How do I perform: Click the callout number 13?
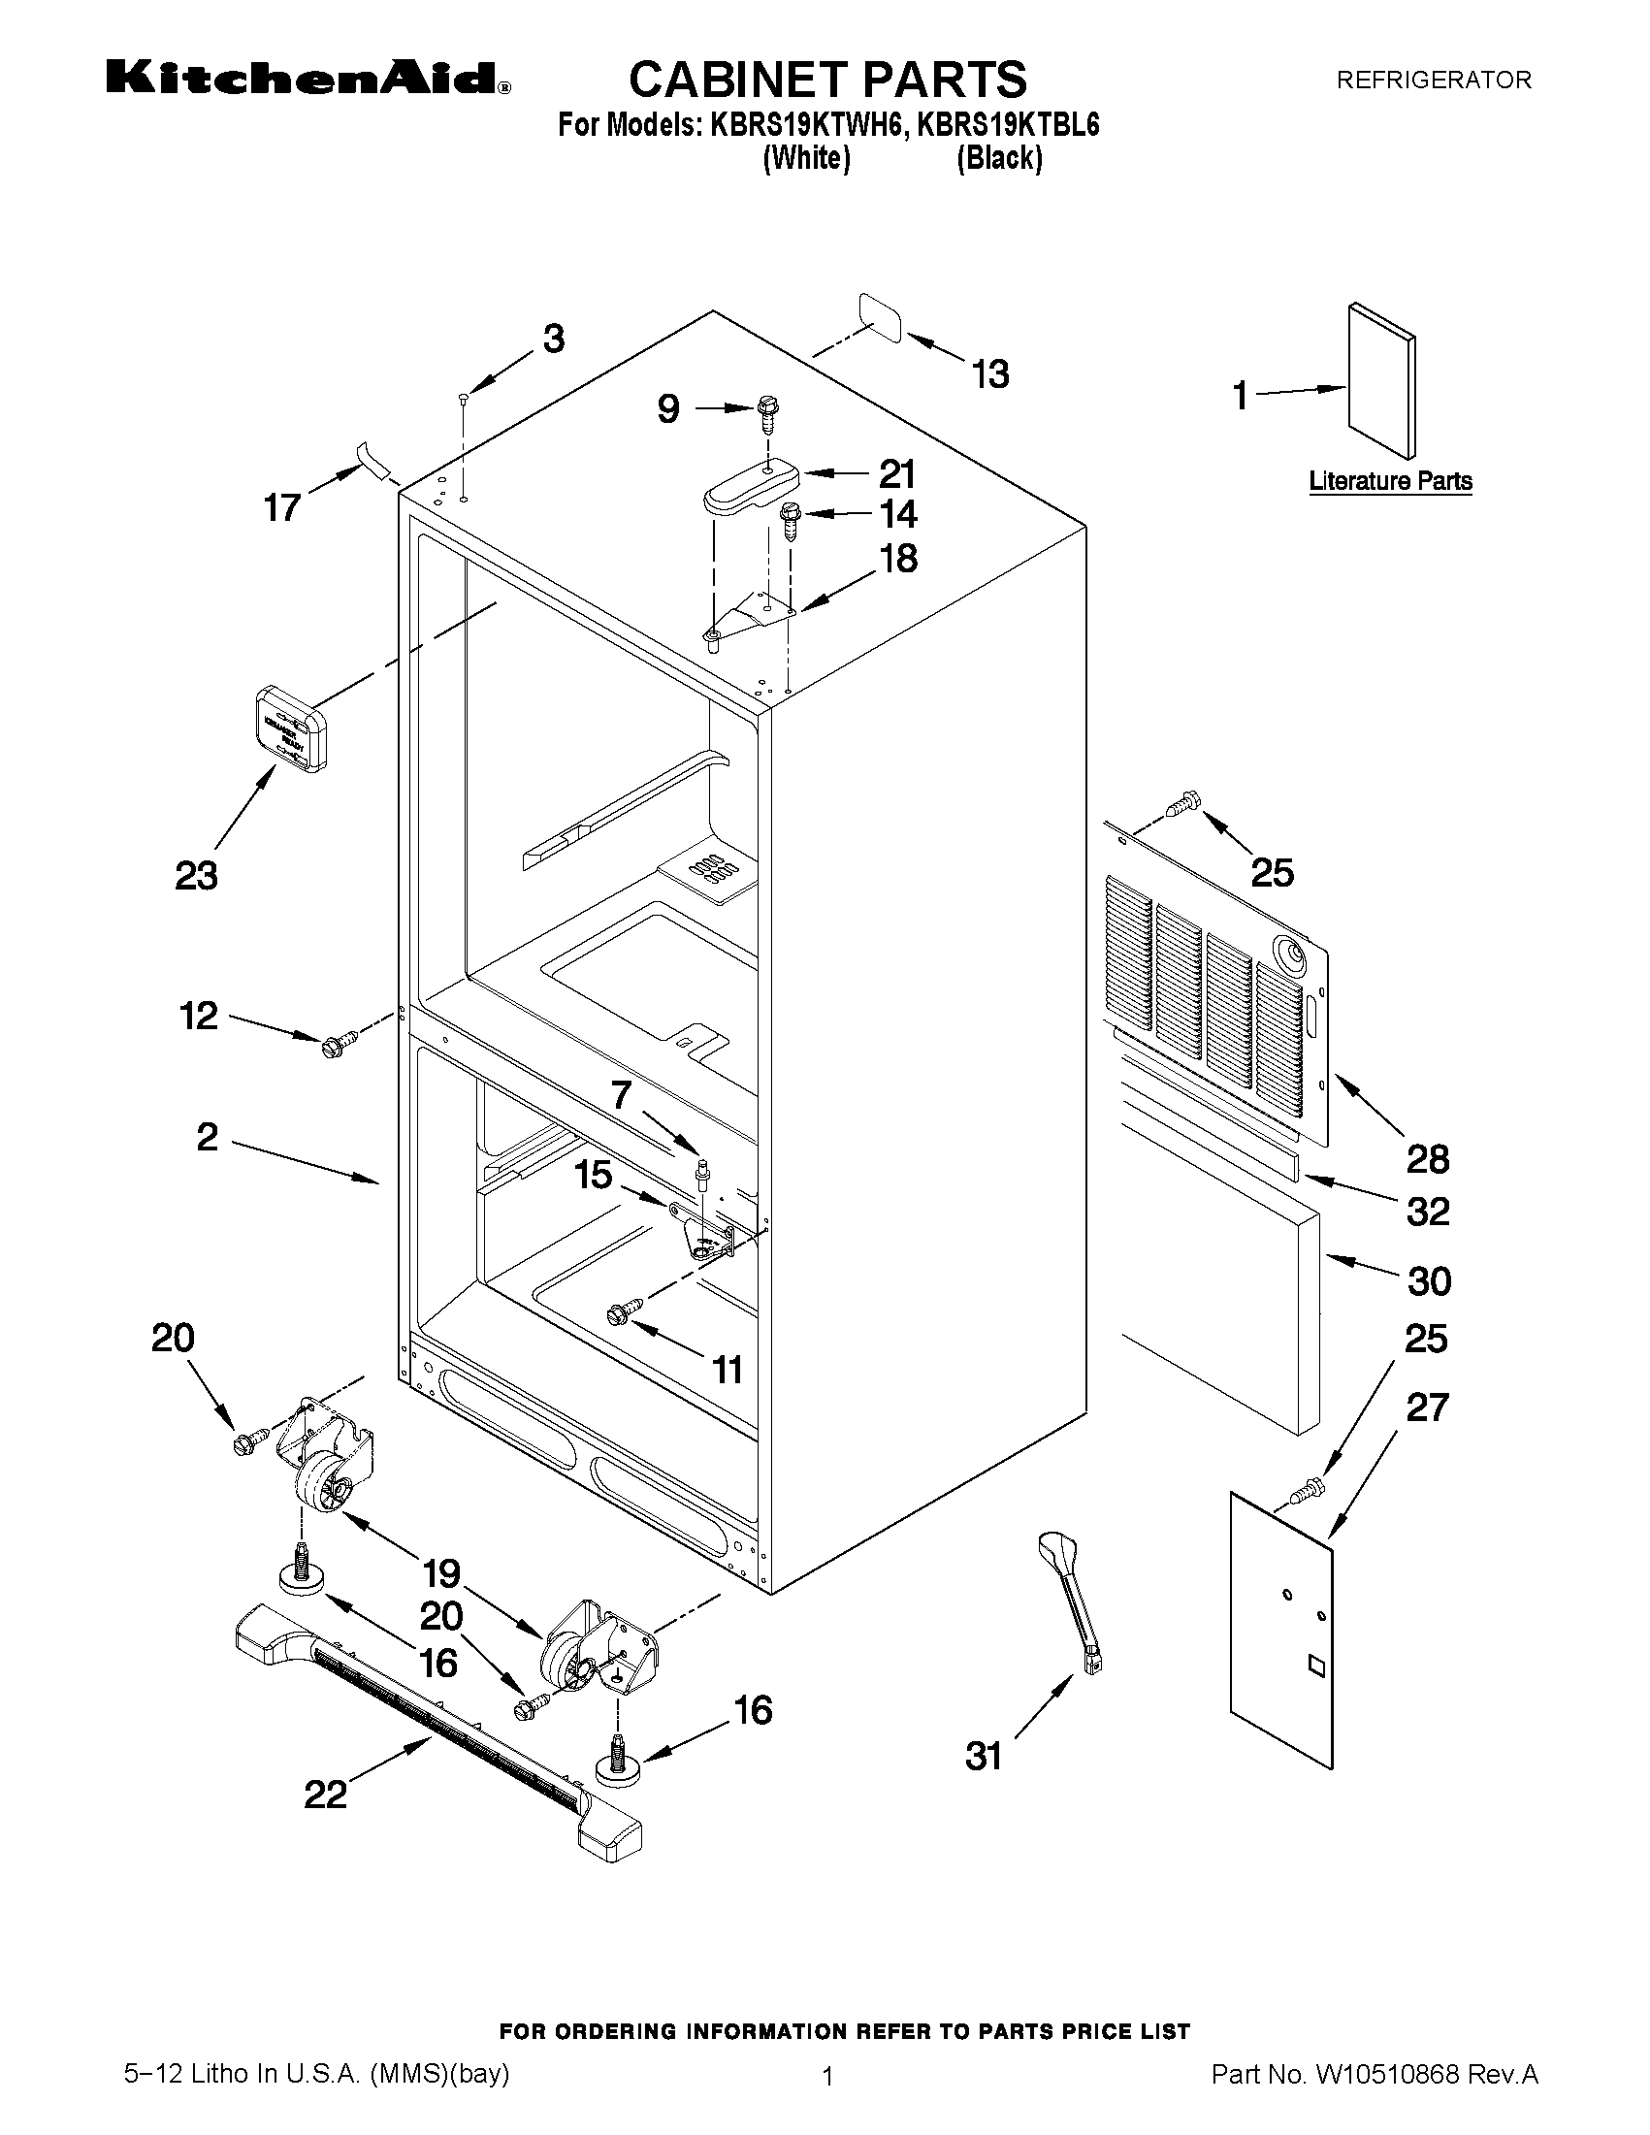[989, 374]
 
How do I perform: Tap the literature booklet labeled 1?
[1380, 380]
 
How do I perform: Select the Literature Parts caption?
[1390, 481]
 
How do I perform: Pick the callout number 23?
[196, 875]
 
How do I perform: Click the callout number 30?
[1428, 1280]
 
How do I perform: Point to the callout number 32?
[1427, 1213]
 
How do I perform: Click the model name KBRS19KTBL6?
[1008, 125]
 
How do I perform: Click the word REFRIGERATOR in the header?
[1433, 81]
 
